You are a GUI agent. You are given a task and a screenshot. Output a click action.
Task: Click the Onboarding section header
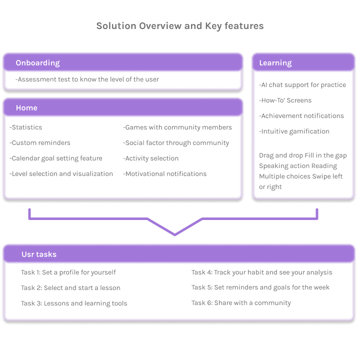click(x=37, y=63)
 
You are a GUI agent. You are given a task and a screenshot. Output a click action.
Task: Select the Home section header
click(x=26, y=108)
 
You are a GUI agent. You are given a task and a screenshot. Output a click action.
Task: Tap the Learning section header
click(x=275, y=63)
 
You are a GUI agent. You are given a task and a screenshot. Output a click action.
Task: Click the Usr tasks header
click(x=39, y=254)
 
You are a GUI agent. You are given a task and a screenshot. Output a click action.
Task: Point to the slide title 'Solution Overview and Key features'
click(x=180, y=26)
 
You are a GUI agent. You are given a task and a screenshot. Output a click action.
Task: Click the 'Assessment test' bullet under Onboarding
click(x=87, y=79)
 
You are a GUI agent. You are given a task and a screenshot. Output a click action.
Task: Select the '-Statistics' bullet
click(x=26, y=127)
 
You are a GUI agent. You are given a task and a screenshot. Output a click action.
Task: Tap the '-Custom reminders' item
click(x=40, y=143)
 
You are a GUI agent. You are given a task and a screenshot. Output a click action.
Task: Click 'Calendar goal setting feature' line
click(x=56, y=158)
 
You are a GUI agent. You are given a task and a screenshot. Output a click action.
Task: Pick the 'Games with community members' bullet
click(x=177, y=127)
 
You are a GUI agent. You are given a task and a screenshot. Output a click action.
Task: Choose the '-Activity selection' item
click(x=151, y=158)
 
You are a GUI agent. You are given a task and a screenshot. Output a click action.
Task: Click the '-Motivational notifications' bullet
click(x=165, y=174)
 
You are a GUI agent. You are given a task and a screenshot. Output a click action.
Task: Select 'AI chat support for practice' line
click(x=302, y=85)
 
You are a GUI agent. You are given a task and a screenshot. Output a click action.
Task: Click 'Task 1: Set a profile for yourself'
click(x=68, y=272)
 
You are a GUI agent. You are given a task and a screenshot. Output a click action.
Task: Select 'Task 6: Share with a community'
click(x=241, y=303)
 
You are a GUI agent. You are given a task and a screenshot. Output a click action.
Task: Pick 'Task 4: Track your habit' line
click(x=261, y=272)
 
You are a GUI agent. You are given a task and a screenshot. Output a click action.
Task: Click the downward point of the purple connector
click(x=174, y=234)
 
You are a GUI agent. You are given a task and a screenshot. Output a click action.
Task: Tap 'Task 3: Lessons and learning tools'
click(x=74, y=303)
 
